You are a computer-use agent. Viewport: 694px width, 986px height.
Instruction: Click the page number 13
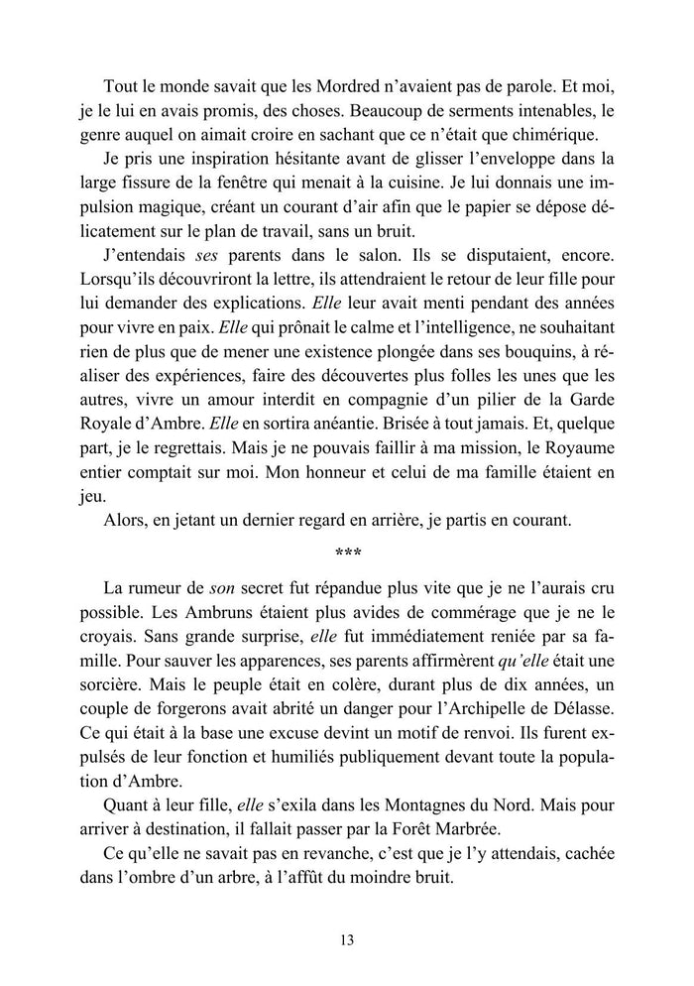tap(346, 939)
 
